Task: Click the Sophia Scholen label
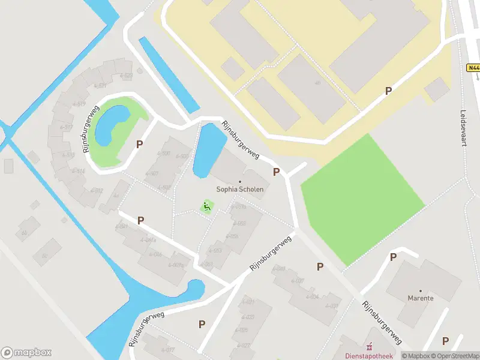(x=240, y=189)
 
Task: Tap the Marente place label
(x=420, y=298)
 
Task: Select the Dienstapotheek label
(x=367, y=355)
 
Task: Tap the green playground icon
(x=206, y=208)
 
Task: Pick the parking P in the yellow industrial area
(x=388, y=91)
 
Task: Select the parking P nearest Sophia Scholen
(x=276, y=172)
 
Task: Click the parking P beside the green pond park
(x=140, y=144)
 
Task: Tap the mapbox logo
(x=26, y=352)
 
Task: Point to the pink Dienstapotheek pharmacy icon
(x=369, y=346)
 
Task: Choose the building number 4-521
(x=100, y=86)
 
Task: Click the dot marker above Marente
(x=420, y=290)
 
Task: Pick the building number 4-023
(x=247, y=317)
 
